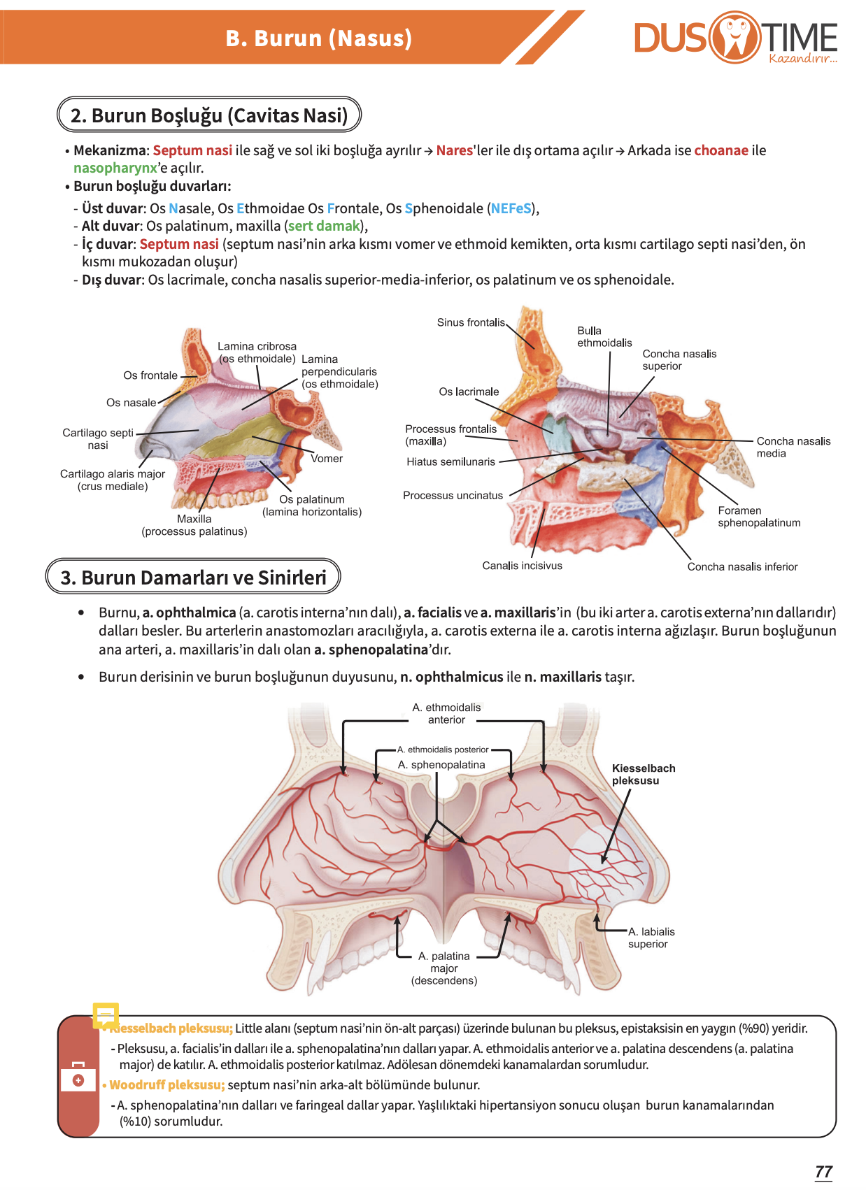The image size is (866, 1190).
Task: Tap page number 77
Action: [x=823, y=1171]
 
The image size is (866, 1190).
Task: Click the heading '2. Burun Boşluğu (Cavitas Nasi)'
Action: [x=209, y=115]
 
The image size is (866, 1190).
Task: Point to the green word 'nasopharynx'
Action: [x=115, y=168]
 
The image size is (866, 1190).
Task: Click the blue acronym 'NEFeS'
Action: [x=511, y=208]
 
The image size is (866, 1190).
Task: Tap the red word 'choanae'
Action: [x=721, y=150]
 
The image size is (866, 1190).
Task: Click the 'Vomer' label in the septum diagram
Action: [x=327, y=458]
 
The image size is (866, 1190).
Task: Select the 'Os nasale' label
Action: [x=132, y=402]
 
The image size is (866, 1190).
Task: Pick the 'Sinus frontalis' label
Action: [x=471, y=322]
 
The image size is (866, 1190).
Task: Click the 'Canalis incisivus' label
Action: [x=522, y=565]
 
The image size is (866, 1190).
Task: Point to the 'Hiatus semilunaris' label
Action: [x=450, y=461]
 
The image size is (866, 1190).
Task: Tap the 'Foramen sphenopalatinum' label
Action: [x=758, y=517]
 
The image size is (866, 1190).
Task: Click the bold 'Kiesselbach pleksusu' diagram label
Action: [x=644, y=774]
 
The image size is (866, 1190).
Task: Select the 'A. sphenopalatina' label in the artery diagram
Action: [x=441, y=764]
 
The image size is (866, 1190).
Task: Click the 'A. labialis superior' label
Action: [x=651, y=937]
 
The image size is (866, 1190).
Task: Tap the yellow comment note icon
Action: [x=105, y=1015]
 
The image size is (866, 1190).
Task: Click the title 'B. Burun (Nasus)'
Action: [x=318, y=38]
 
